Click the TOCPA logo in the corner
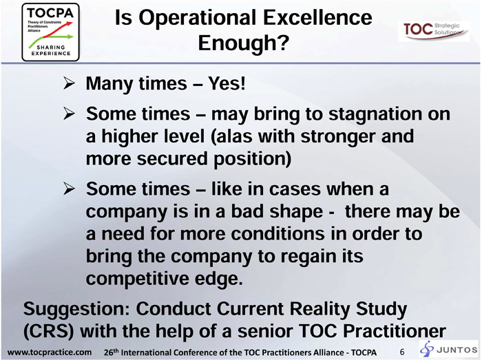51,32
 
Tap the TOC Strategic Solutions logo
434,31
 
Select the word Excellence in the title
318,17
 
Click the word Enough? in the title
244,43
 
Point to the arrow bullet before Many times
69,83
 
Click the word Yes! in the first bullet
227,83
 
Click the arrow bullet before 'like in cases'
69,189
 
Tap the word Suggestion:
77,309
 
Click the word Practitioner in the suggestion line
394,331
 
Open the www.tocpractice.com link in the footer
50,352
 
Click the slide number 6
402,352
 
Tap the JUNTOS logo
450,349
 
